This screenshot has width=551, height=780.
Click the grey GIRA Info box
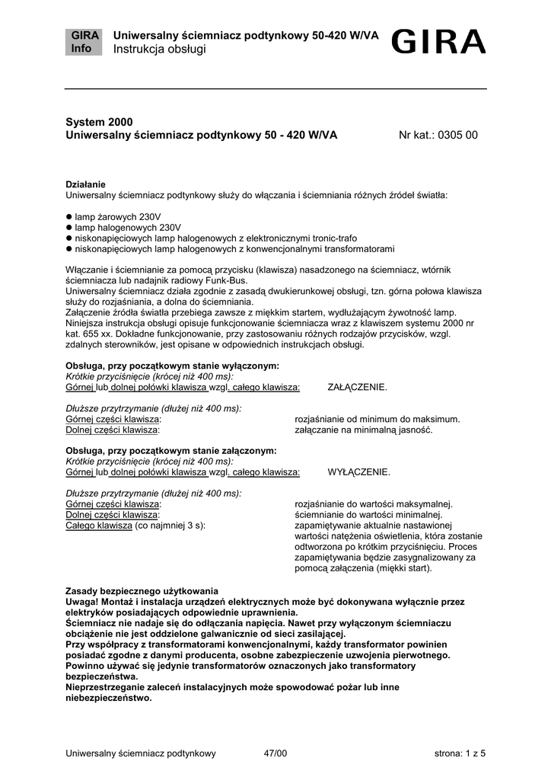coord(81,43)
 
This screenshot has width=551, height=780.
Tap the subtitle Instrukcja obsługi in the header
coord(160,50)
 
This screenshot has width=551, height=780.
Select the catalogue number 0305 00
coord(459,136)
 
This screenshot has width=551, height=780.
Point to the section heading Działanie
coord(85,184)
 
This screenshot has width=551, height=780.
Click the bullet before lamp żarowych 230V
coord(68,217)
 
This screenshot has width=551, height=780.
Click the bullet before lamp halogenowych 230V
coord(68,228)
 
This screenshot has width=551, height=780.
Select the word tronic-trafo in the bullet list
coord(333,238)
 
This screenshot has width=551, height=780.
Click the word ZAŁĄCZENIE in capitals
coord(357,387)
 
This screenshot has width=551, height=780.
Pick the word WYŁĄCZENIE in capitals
coord(358,472)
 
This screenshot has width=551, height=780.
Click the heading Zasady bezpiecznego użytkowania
coord(142,591)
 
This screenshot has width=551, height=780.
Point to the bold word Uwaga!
coord(83,602)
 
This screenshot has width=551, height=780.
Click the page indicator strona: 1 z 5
coord(460,753)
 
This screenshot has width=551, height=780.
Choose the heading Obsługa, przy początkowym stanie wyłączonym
coord(173,366)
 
